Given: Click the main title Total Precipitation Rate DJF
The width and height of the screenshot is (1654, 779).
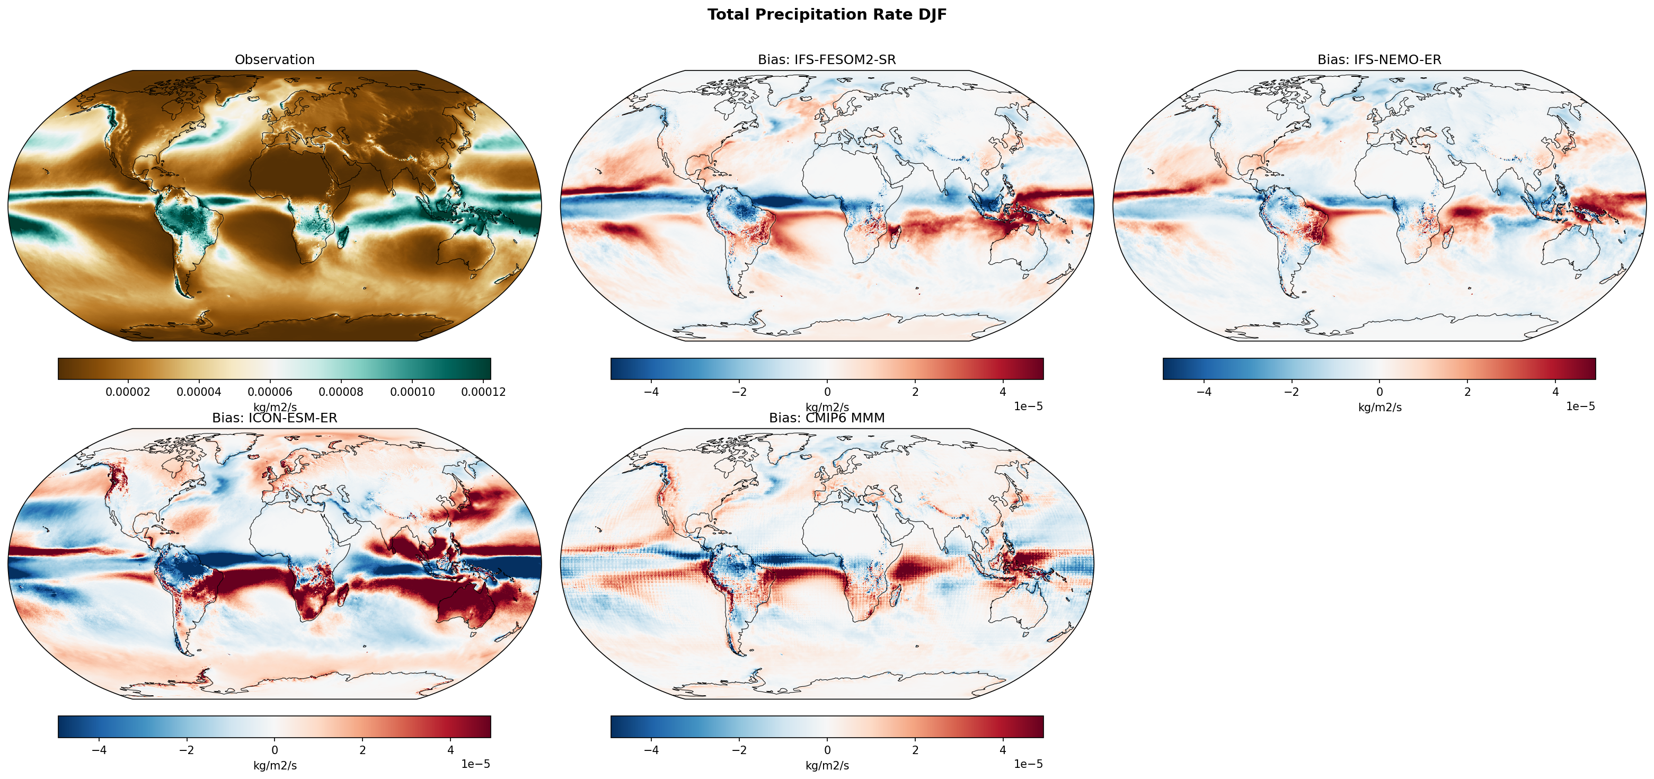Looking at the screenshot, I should pyautogui.click(x=827, y=15).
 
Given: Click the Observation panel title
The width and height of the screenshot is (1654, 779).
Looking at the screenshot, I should pyautogui.click(x=275, y=60).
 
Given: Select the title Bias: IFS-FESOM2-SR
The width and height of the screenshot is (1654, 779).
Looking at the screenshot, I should pyautogui.click(x=827, y=60).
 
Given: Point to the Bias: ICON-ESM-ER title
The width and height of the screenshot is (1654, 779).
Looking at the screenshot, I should pyautogui.click(x=275, y=418).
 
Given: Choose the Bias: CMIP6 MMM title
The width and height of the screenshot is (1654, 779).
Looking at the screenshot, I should pyautogui.click(x=827, y=418).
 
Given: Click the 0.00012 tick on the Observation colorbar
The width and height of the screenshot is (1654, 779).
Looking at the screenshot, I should pyautogui.click(x=483, y=392).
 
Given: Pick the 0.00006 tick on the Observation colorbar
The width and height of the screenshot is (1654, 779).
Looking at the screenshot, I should pyautogui.click(x=270, y=392).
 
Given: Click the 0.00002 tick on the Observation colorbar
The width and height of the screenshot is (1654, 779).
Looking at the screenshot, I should pyautogui.click(x=128, y=392).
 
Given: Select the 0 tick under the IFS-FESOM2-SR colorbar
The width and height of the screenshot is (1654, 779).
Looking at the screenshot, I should pyautogui.click(x=827, y=392).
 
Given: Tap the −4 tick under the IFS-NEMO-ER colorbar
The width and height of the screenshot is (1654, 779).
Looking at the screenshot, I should pyautogui.click(x=1203, y=392).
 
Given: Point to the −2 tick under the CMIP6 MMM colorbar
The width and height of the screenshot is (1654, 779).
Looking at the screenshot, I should pyautogui.click(x=739, y=750).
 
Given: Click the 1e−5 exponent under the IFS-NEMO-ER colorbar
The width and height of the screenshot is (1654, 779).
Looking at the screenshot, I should pyautogui.click(x=1580, y=406).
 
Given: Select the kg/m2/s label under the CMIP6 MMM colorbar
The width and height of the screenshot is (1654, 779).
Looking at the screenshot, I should pyautogui.click(x=827, y=766).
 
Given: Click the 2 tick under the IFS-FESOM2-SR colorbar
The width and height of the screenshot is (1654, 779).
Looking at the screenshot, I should pyautogui.click(x=915, y=392).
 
